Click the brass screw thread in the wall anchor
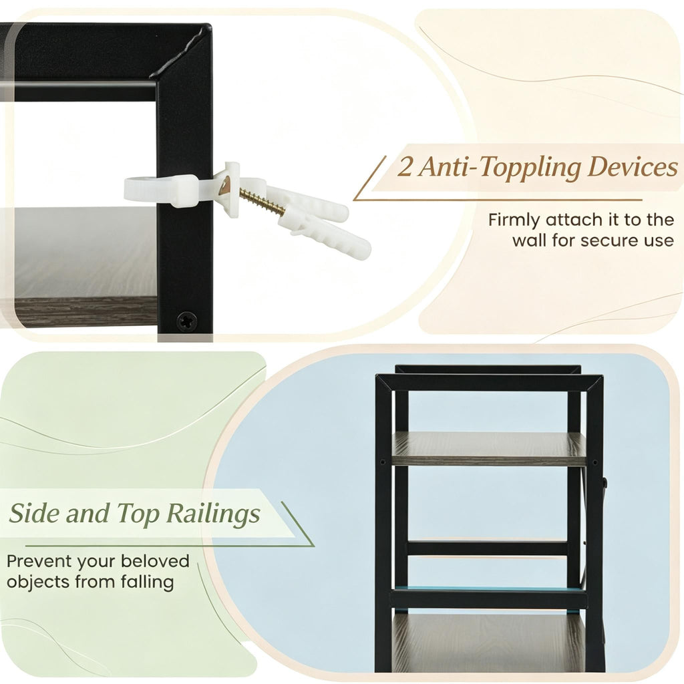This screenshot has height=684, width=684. pyautogui.click(x=261, y=200)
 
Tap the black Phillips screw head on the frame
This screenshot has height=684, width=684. pyautogui.click(x=187, y=321)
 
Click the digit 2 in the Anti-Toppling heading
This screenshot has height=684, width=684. pyautogui.click(x=405, y=168)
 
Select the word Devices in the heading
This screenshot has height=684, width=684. pyautogui.click(x=633, y=166)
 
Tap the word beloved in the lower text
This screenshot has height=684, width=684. pyautogui.click(x=155, y=561)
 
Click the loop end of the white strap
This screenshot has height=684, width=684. pyautogui.click(x=140, y=188)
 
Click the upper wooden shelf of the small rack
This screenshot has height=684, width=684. pyautogui.click(x=488, y=449)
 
